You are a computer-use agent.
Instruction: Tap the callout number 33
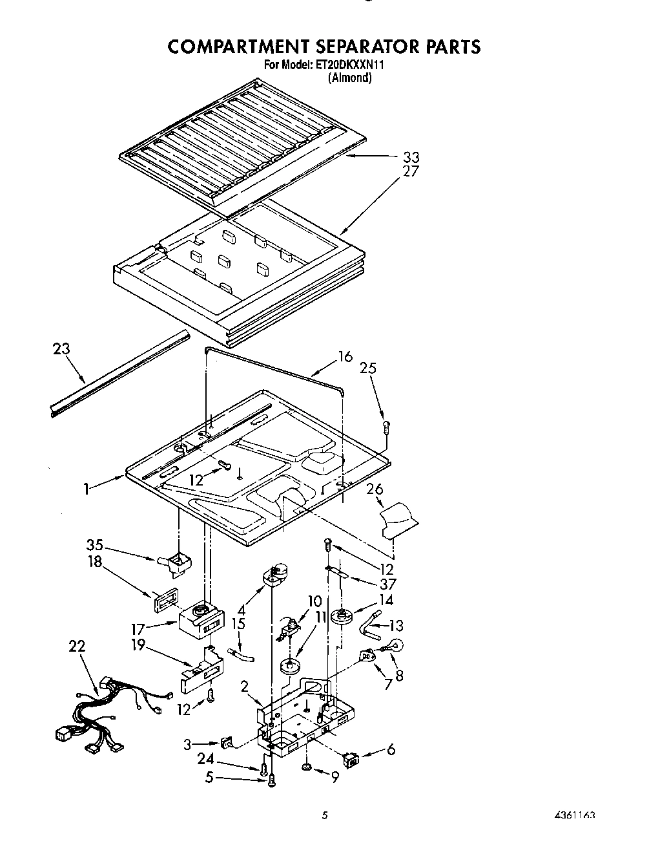tap(411, 157)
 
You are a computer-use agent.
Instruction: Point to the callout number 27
tap(411, 171)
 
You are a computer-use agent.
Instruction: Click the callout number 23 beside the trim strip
tap(61, 349)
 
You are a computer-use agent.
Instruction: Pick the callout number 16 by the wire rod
tap(345, 357)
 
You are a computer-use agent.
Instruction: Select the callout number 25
tap(368, 368)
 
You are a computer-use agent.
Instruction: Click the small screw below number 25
tap(386, 425)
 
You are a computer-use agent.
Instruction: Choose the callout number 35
tap(94, 544)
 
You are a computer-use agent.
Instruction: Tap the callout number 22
tap(76, 646)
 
